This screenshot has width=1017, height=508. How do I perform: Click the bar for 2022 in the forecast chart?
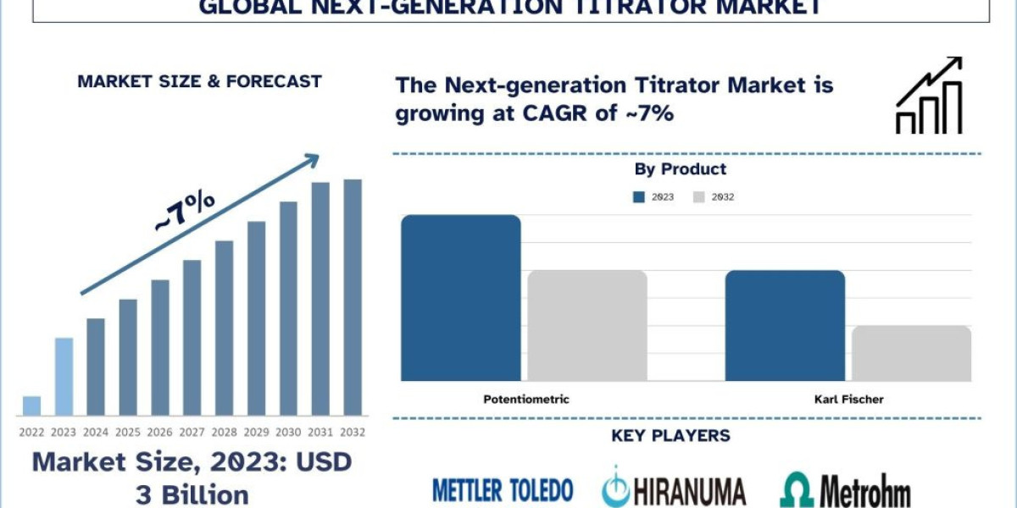pos(31,406)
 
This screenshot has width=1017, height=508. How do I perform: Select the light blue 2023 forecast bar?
pos(64,377)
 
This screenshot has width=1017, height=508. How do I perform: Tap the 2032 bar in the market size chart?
pos(353,297)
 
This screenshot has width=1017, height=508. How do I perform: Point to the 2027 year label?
pos(192,432)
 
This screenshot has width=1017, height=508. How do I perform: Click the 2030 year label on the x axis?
pos(288,432)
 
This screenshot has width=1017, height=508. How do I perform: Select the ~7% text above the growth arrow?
pos(184,211)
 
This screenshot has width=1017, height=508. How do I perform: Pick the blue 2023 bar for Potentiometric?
pos(460,298)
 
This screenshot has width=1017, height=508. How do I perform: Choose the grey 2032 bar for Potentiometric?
pos(587,326)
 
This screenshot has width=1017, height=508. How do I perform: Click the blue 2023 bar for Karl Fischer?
pos(785,326)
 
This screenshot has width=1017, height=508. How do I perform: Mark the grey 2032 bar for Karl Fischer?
pos(911,353)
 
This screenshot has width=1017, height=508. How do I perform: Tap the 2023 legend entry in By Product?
pos(654,197)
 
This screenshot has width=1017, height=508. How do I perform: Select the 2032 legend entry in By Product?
pos(714,197)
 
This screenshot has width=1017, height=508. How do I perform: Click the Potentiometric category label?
pos(526,399)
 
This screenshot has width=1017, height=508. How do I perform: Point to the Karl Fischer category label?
pos(848,399)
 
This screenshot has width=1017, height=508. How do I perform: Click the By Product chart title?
pos(681,169)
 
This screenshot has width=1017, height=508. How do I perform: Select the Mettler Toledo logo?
pos(503,489)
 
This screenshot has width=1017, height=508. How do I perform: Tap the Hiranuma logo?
pos(674,489)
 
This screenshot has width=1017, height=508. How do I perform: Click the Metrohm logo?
pos(845,490)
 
